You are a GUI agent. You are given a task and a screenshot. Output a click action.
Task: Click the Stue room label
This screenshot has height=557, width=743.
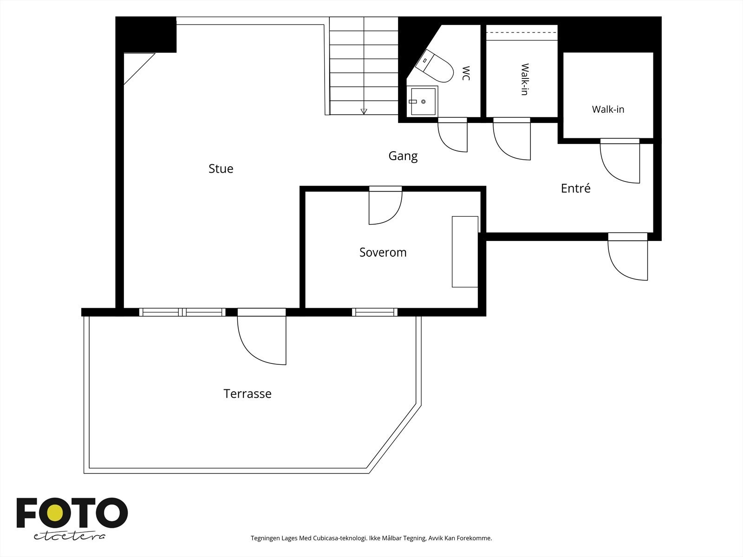221,168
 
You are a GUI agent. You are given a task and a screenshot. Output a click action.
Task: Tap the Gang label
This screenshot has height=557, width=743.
403,156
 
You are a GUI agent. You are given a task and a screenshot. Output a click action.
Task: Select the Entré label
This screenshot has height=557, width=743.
575,188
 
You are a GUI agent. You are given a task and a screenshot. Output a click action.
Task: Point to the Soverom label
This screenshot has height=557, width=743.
383,253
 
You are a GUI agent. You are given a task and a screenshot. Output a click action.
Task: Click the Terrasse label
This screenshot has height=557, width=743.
248,394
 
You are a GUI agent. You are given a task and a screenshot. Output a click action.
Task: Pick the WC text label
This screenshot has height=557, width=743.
466,73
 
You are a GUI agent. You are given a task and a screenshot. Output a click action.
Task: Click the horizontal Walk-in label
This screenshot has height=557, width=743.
608,109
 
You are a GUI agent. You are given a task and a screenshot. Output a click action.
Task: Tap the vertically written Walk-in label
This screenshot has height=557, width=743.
525,79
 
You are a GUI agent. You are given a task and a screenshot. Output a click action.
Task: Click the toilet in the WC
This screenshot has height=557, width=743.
435,67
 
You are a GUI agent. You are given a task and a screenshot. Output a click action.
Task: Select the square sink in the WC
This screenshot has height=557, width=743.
423,102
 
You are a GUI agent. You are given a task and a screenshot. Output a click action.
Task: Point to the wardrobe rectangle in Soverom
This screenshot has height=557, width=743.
465,252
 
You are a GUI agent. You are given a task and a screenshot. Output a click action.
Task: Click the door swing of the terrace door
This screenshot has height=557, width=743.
261,340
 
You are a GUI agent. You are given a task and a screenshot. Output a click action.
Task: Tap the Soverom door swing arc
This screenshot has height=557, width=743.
385,207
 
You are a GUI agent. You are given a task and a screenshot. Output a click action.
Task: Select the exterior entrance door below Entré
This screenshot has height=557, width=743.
627,256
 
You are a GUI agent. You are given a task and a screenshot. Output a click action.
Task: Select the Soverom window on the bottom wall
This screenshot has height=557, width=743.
375,312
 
